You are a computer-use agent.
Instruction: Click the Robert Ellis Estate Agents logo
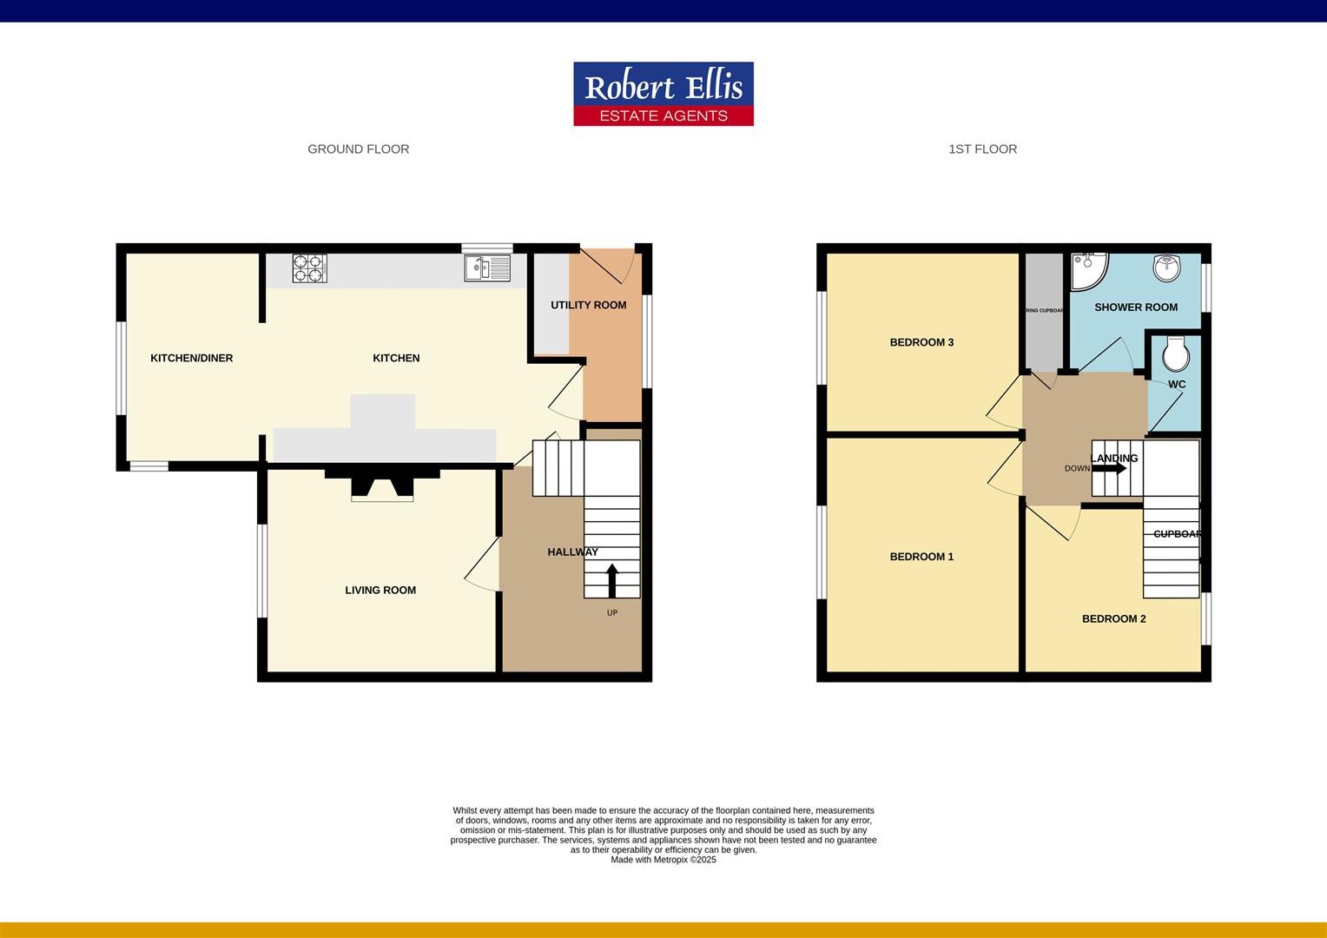(663, 94)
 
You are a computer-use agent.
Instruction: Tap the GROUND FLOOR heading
(358, 149)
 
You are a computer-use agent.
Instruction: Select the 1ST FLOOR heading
(982, 149)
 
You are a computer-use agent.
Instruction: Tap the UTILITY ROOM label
(588, 305)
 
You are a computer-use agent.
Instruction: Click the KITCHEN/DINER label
(191, 358)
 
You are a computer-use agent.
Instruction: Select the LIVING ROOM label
(380, 591)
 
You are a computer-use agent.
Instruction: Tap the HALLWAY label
(572, 552)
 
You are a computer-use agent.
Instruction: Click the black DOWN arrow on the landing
(1109, 468)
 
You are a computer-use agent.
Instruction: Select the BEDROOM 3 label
(921, 342)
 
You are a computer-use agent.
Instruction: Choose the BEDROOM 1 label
(921, 557)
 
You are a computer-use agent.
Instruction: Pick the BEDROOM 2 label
(1113, 619)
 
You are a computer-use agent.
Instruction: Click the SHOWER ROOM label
(1136, 307)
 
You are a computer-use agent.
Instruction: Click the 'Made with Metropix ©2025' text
(663, 860)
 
